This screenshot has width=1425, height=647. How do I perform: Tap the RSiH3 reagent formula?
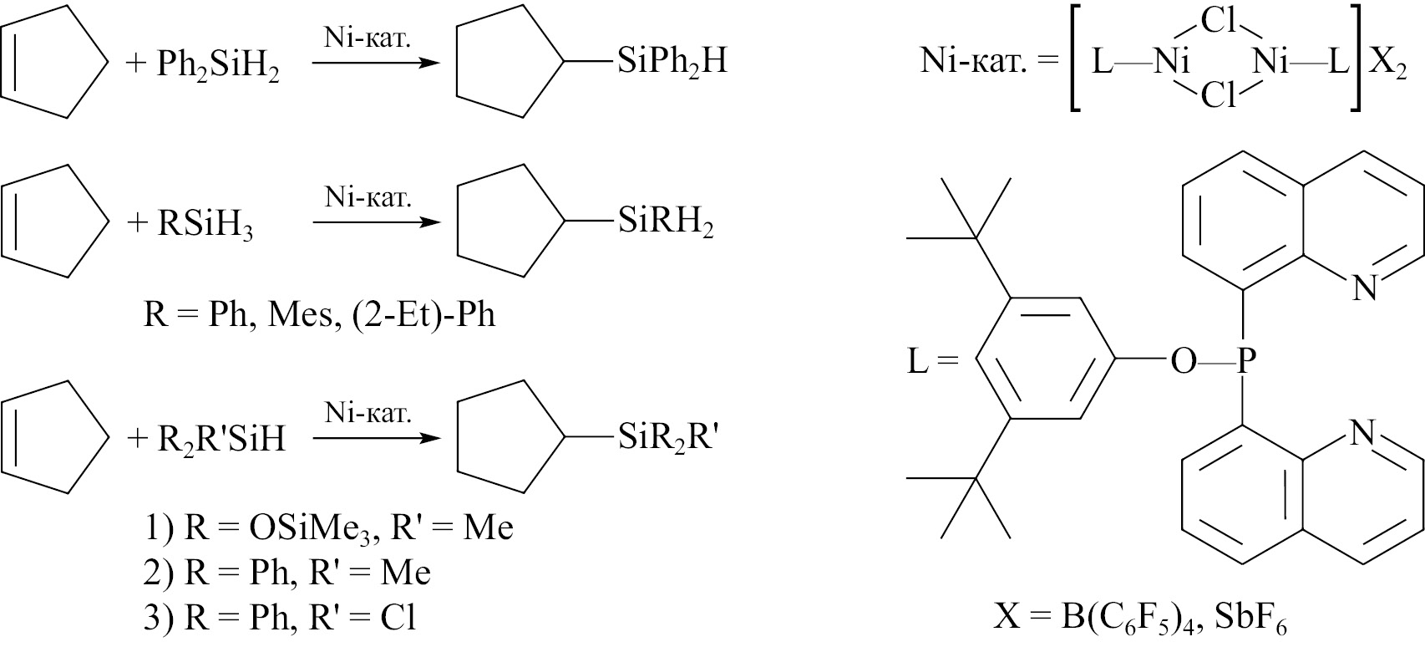[205, 225]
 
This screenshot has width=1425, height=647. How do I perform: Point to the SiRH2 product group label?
[666, 222]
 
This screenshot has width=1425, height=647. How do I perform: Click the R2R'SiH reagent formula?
[221, 440]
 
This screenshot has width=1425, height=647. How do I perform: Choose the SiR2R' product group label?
[668, 438]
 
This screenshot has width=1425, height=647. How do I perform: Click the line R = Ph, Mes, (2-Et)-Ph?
[319, 314]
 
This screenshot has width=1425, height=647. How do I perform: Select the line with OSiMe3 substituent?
[329, 529]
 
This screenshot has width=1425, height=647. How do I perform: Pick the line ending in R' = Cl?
[280, 617]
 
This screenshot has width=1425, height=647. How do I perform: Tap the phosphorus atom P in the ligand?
[1246, 361]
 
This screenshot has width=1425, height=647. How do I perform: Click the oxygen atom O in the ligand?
[1184, 362]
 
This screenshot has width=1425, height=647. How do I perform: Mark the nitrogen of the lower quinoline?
[1362, 434]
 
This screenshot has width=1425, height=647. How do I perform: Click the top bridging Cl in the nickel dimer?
[1218, 22]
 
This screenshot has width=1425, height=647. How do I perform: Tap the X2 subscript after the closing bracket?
[1387, 65]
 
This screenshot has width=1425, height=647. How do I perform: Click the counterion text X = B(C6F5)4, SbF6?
[1140, 617]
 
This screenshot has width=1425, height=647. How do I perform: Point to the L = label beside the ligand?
[932, 362]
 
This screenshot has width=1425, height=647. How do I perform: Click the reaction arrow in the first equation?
[375, 63]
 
